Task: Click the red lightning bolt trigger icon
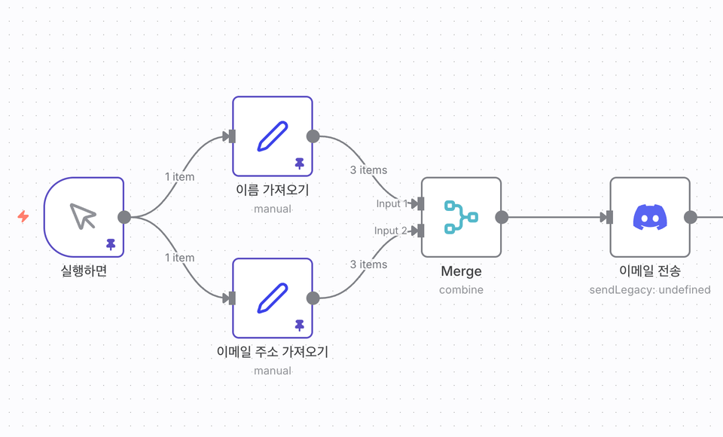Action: pyautogui.click(x=23, y=217)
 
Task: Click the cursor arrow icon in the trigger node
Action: pyautogui.click(x=83, y=216)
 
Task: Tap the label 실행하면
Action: pyautogui.click(x=84, y=270)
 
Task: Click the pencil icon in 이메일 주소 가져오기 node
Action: pyautogui.click(x=272, y=298)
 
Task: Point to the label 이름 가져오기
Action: pyautogui.click(x=272, y=190)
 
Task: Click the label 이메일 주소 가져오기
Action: pyautogui.click(x=272, y=352)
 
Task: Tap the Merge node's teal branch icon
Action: pyautogui.click(x=461, y=217)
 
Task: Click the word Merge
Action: pyautogui.click(x=461, y=271)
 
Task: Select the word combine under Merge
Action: pyautogui.click(x=461, y=289)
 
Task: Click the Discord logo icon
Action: pyautogui.click(x=649, y=217)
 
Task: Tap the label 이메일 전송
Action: pyautogui.click(x=649, y=271)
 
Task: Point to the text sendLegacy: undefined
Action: pyautogui.click(x=649, y=289)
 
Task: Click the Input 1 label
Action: pyautogui.click(x=392, y=203)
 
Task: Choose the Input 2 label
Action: pyautogui.click(x=391, y=231)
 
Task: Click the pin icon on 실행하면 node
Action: pyautogui.click(x=111, y=245)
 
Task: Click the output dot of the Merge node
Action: pyautogui.click(x=502, y=217)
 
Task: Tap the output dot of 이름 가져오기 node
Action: pyautogui.click(x=313, y=136)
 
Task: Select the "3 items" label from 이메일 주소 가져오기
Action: pyautogui.click(x=368, y=264)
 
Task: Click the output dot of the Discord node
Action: pyautogui.click(x=690, y=217)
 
